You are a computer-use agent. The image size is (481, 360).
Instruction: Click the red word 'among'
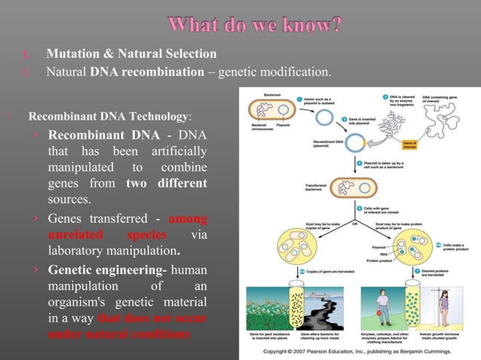[188, 218]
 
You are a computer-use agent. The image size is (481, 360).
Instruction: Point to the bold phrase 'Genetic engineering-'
[109, 269]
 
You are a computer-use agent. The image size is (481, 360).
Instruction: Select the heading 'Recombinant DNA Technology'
[109, 117]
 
